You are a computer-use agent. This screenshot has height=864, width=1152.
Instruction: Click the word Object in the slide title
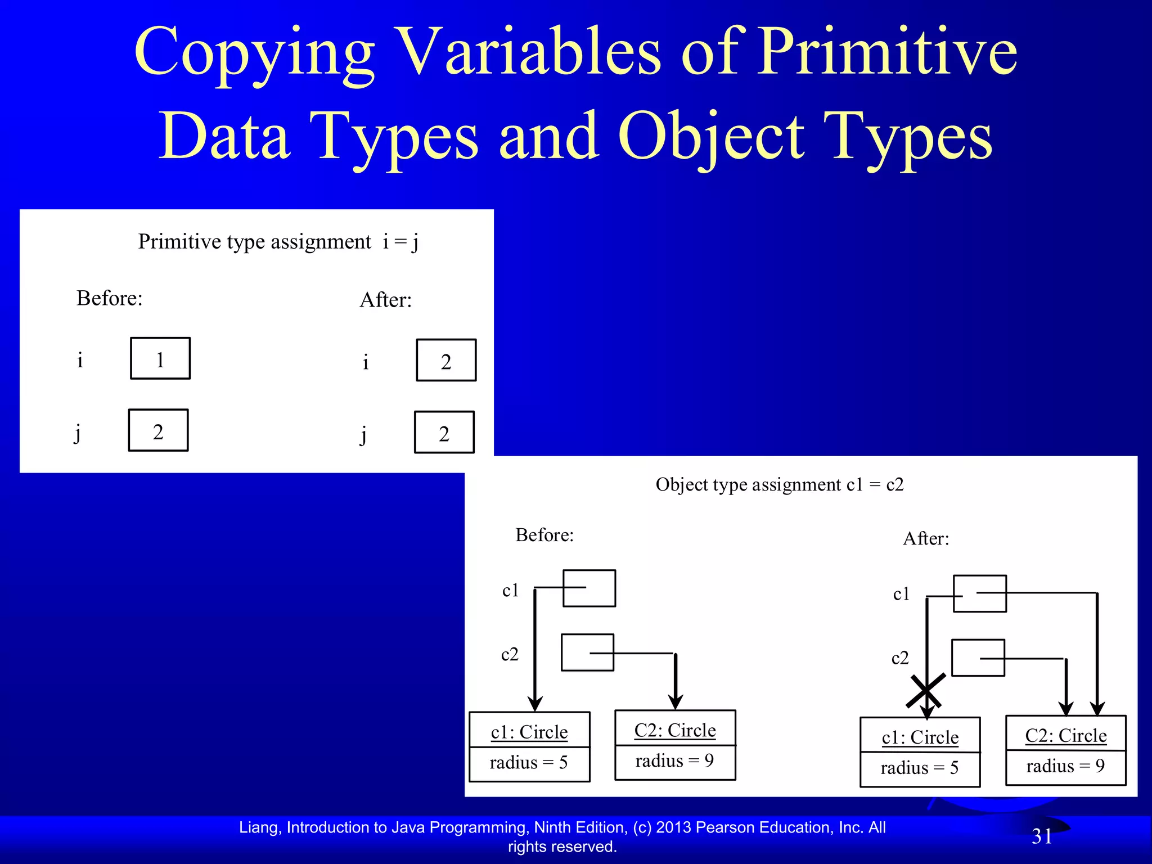711,137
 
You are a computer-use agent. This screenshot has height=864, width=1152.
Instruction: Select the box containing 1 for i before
160,358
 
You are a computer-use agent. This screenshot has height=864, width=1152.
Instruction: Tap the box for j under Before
158,430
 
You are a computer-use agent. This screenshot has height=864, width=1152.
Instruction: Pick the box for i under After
446,361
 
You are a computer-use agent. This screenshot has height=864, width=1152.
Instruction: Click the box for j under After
444,433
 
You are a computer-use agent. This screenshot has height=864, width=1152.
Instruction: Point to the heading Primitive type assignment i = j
278,242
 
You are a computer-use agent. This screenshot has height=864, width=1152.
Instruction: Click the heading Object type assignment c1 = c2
779,485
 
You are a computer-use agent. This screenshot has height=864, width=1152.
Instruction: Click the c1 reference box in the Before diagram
589,588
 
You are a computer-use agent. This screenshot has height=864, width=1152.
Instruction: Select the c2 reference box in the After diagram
978,658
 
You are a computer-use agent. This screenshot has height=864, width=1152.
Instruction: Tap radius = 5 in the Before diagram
529,763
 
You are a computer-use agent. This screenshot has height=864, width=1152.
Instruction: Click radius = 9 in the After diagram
1065,766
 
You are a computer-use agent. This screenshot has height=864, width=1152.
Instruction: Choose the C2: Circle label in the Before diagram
675,730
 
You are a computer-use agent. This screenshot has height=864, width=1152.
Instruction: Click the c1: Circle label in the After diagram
920,737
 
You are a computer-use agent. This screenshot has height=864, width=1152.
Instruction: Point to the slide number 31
1042,836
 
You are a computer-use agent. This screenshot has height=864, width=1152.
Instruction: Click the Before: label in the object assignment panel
544,535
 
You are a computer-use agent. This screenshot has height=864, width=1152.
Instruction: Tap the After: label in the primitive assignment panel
385,300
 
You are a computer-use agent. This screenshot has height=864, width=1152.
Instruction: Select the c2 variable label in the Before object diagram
510,654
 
